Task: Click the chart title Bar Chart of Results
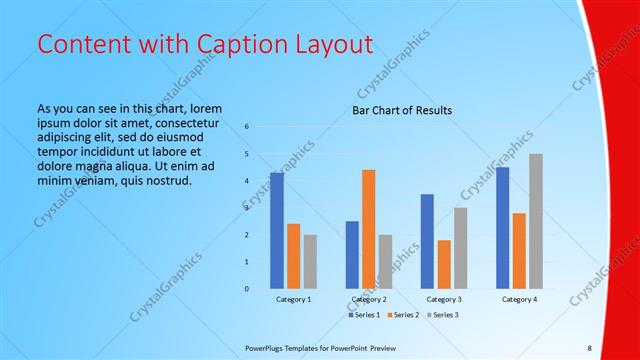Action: (401, 110)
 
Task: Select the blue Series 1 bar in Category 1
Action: (277, 230)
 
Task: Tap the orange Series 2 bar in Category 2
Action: (368, 229)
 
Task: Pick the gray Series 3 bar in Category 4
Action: (536, 221)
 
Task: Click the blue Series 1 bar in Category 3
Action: (427, 241)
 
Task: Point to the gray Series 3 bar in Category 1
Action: (310, 261)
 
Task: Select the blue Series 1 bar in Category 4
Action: (503, 227)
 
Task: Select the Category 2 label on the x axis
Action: (369, 299)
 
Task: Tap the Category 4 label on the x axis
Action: (519, 299)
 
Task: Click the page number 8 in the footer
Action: (589, 348)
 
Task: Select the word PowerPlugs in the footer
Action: (265, 348)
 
